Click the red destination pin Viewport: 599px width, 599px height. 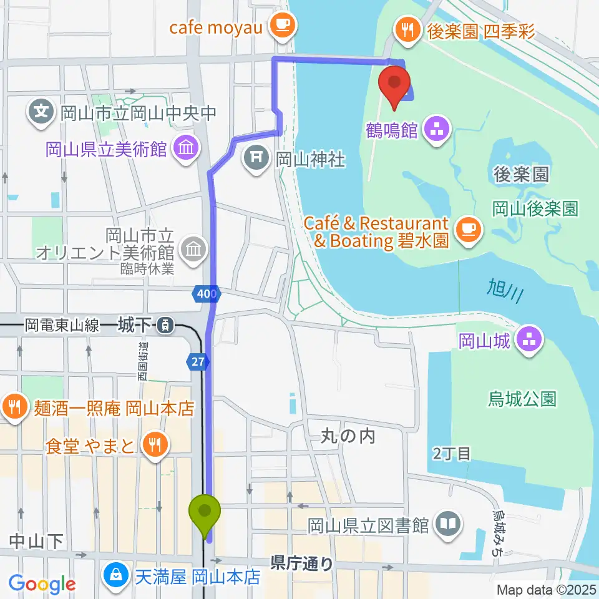395,86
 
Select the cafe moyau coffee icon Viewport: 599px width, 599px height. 283,26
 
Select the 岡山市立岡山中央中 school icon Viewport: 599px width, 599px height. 41,114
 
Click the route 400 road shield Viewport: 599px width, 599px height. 207,293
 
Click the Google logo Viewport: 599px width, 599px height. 42,584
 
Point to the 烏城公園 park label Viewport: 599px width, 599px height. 522,399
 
